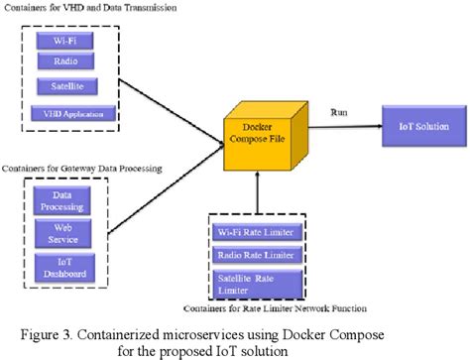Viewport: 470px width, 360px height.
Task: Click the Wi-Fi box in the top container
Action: pos(63,42)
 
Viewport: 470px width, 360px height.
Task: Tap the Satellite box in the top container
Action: pos(63,87)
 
